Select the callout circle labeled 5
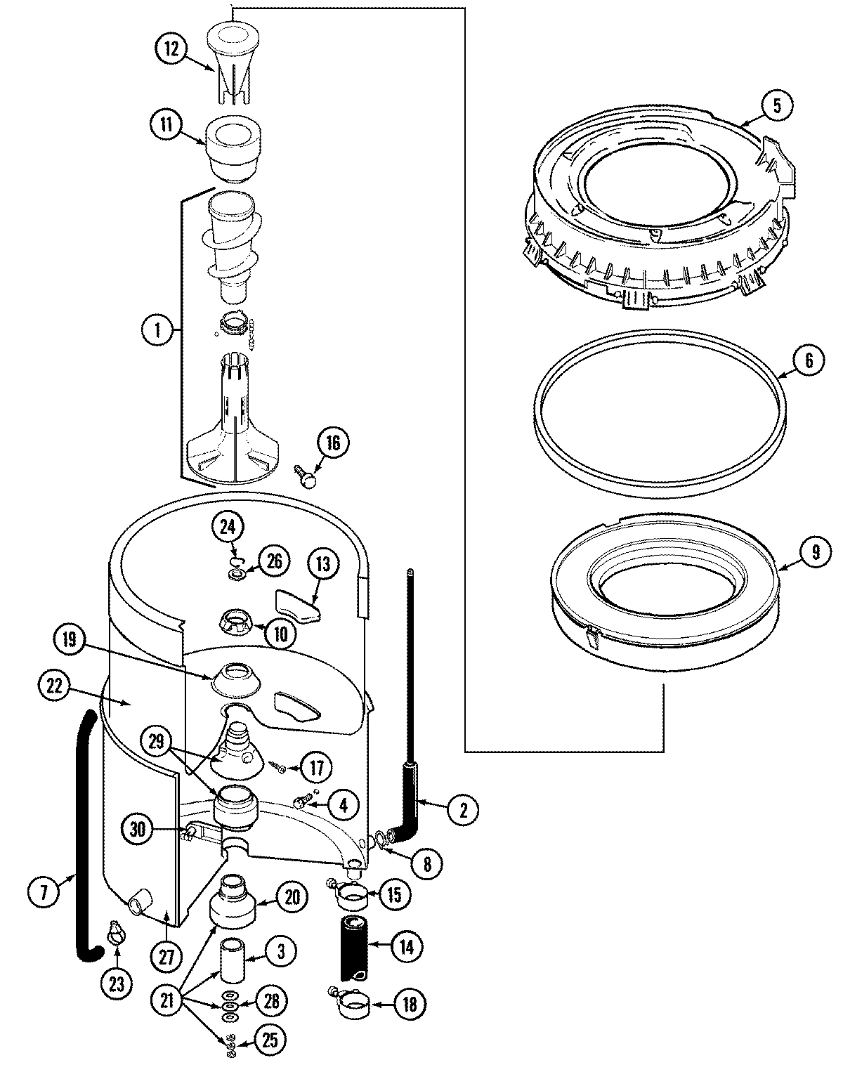[x=776, y=105]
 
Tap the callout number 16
[x=332, y=442]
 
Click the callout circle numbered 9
[x=815, y=551]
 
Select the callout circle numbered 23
[x=116, y=984]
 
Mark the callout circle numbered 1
[x=158, y=329]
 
